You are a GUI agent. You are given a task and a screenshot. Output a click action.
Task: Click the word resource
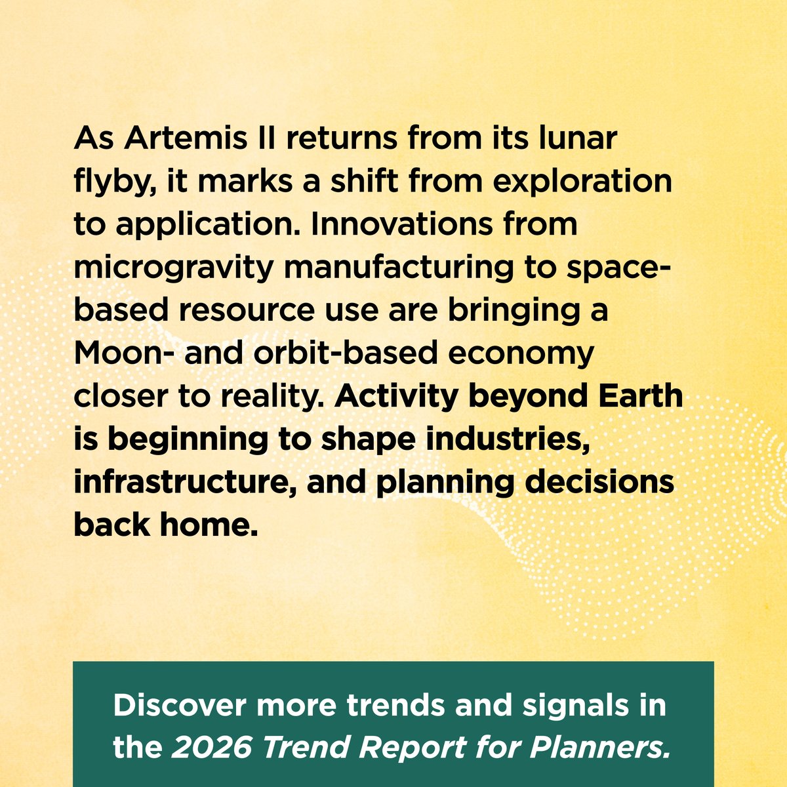240,311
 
